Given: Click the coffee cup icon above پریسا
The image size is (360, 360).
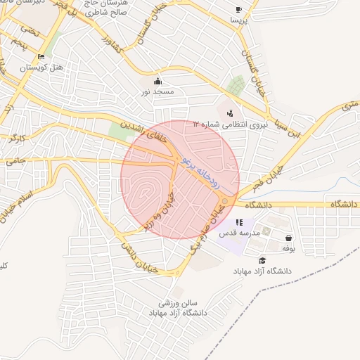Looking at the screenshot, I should [x=238, y=10].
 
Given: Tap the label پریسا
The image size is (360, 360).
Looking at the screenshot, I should [x=238, y=21].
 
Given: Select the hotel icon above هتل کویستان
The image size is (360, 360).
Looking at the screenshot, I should [x=41, y=57].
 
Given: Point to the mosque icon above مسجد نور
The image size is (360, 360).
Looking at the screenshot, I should [x=157, y=80].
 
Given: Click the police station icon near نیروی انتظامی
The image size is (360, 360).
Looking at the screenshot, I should [x=230, y=113].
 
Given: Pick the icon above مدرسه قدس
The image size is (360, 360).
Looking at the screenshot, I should [x=240, y=222].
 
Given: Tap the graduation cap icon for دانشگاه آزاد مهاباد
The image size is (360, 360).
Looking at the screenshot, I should [x=262, y=260].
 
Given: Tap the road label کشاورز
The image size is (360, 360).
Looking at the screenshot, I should [x=112, y=36].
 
